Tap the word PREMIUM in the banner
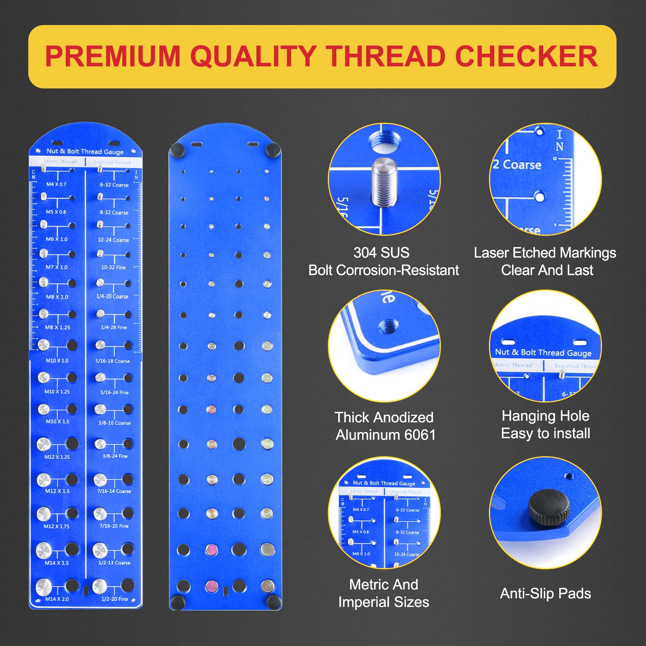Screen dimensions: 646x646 [113, 56]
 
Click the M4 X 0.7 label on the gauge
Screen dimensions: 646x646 [56, 184]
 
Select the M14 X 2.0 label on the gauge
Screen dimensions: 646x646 [57, 599]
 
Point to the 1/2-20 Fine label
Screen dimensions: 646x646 [115, 599]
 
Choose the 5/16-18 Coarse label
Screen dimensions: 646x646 [113, 361]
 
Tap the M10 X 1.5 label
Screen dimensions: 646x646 [57, 422]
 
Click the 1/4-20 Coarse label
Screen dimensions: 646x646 [112, 296]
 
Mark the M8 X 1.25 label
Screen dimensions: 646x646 [57, 327]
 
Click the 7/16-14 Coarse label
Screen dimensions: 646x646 [114, 491]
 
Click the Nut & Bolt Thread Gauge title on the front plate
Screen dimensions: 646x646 [85, 151]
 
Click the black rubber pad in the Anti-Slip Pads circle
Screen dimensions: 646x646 [549, 508]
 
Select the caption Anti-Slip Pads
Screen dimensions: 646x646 [545, 594]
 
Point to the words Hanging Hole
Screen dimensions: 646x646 [545, 416]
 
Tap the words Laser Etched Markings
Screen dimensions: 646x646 [545, 253]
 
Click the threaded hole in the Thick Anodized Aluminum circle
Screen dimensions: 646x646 [389, 325]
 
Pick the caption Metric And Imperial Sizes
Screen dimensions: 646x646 [384, 593]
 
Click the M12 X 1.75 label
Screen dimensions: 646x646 [57, 526]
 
